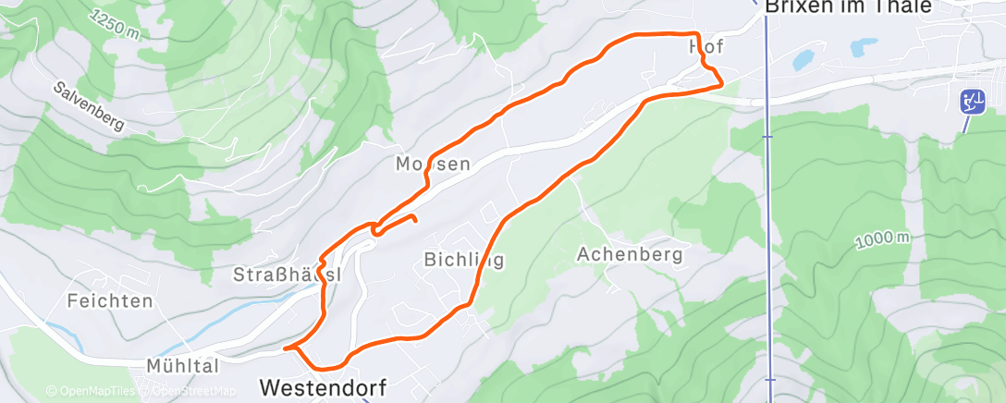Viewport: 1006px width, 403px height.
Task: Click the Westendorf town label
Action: click(x=323, y=385)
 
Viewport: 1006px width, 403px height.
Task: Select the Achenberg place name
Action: click(x=630, y=253)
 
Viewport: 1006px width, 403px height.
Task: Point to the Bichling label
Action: click(x=464, y=259)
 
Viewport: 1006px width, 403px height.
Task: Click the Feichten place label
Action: click(x=109, y=300)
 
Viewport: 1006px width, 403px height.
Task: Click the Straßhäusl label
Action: click(x=287, y=275)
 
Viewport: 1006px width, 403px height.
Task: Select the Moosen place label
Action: click(x=433, y=165)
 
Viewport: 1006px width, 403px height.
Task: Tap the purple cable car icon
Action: click(x=972, y=101)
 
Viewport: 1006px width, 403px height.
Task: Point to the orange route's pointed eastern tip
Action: click(x=721, y=84)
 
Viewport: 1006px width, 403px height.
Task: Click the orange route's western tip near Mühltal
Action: click(x=285, y=348)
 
